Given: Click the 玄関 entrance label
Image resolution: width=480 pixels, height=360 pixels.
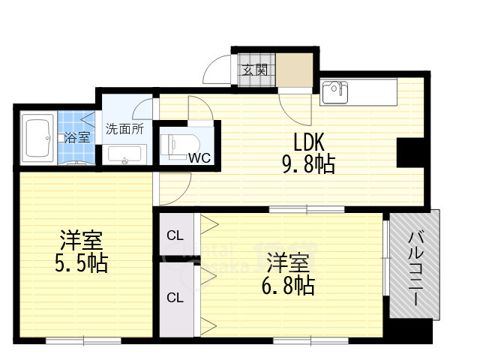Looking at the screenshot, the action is point(255,70).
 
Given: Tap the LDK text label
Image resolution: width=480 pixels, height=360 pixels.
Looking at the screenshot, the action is point(308,142).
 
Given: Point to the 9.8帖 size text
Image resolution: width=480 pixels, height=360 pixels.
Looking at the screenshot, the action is point(308,164).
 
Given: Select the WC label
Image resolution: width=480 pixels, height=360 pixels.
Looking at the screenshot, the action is point(199,158).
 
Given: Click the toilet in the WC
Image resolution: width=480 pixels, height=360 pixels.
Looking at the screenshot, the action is point(180,146).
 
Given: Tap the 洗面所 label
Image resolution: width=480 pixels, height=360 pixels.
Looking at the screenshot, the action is point(124,129).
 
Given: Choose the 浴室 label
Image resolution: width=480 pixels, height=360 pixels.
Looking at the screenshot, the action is point(77,137).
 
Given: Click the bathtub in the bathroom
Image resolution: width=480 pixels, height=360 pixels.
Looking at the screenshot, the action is point(38,138).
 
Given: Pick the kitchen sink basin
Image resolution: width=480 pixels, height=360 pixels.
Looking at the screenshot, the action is point(334,92).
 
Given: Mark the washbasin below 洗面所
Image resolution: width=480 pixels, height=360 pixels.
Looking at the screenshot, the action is point(125,155).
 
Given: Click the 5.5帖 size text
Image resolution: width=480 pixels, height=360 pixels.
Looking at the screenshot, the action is point(82,263).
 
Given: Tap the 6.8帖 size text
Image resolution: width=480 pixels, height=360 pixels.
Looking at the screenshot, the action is point(288,285).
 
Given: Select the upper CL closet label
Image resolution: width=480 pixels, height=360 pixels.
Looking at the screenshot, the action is point(175,235).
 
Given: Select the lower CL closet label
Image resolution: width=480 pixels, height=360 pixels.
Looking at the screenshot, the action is point(175,298).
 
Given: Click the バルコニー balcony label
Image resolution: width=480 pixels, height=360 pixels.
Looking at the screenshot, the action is point(416,268).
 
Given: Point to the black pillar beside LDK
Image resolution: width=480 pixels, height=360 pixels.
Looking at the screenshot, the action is point(410,152).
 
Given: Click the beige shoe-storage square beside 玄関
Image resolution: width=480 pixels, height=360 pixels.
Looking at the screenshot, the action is point(295,70).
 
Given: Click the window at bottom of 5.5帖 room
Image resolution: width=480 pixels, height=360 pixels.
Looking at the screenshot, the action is point(83,340).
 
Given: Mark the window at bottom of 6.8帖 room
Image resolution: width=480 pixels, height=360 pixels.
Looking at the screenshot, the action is point(310,340).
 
